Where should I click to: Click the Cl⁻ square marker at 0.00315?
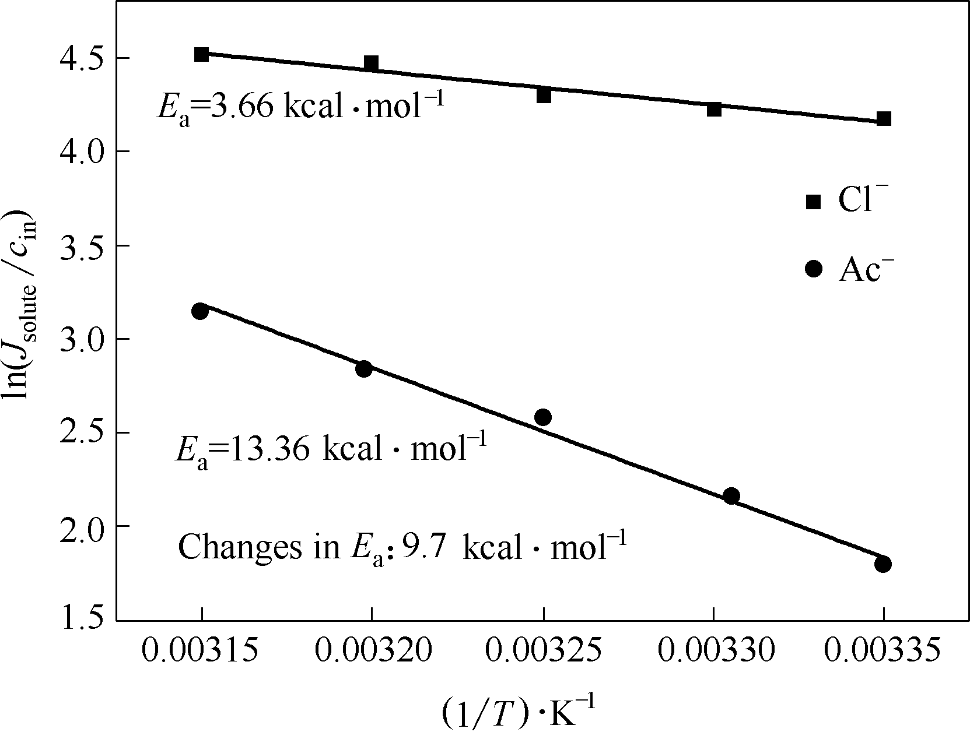point(202,55)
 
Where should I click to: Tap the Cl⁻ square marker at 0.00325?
point(544,95)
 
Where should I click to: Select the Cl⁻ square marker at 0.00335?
point(884,119)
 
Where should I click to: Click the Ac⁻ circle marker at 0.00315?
point(200,311)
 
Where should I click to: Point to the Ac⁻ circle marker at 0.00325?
point(543,417)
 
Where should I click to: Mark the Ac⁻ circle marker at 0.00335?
point(883,564)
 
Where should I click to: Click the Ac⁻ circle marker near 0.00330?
point(731,496)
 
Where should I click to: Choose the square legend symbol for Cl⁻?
point(813,202)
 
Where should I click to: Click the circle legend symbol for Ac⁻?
point(813,269)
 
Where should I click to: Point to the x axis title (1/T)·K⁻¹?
point(519,713)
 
